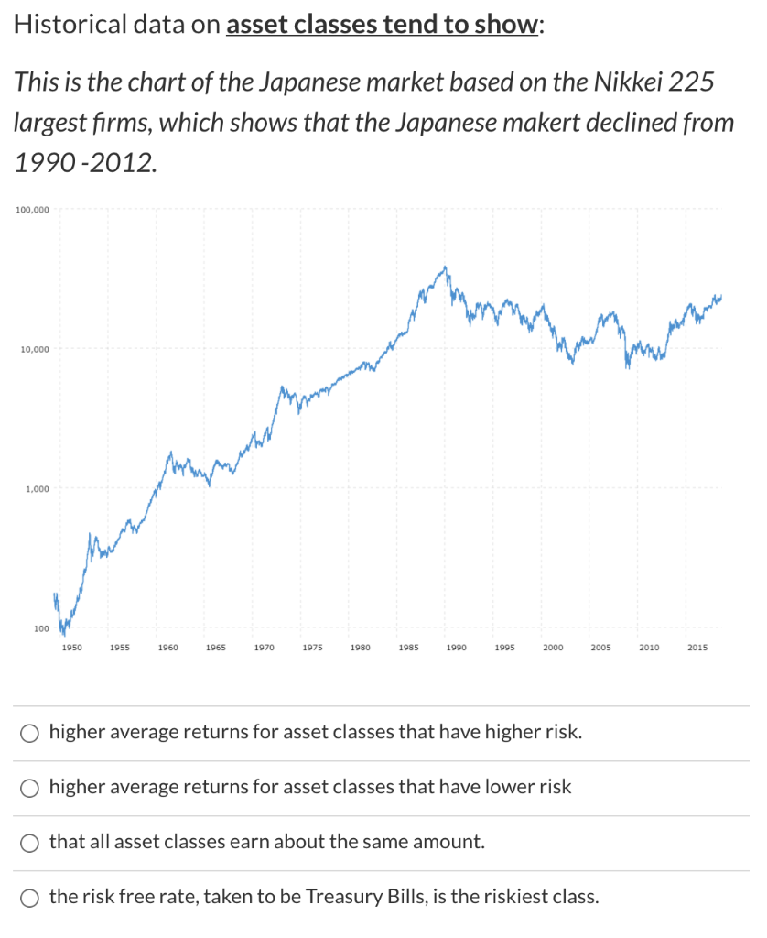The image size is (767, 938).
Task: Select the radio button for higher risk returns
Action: (30, 733)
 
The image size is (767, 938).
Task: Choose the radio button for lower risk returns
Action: (30, 787)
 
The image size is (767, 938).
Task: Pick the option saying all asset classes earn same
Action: (30, 841)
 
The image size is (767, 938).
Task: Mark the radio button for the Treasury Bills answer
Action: (30, 896)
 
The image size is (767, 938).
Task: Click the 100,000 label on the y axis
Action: (32, 211)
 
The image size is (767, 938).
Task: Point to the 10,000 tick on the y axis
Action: (34, 350)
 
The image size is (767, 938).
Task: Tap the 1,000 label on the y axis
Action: (37, 489)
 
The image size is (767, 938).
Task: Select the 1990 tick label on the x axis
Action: (456, 648)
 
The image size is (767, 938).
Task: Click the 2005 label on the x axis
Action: (600, 648)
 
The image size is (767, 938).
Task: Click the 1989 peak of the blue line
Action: (446, 267)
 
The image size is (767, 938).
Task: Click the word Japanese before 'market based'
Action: (308, 83)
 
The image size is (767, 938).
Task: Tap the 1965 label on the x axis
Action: (216, 648)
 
